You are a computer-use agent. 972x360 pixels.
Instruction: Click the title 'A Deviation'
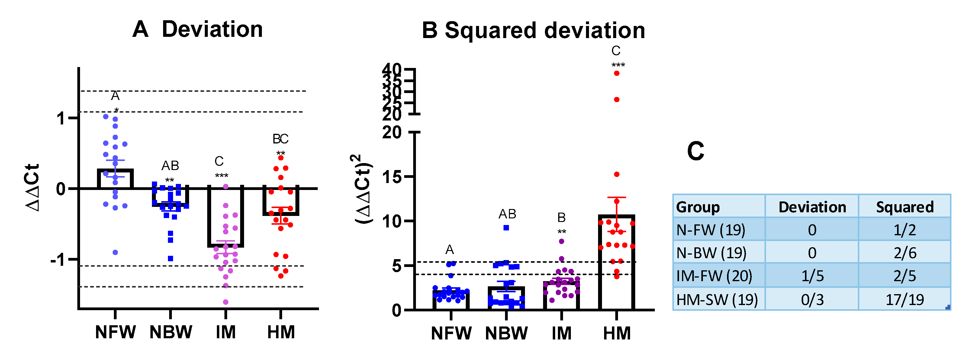197,29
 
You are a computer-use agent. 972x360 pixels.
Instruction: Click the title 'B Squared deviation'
533,30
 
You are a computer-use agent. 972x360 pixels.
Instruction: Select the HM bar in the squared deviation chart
616,264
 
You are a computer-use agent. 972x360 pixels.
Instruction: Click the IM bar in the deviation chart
226,217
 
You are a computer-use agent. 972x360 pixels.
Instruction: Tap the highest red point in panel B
616,73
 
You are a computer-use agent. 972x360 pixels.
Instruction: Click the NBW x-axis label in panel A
171,333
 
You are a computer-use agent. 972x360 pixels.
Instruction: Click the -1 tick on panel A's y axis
59,260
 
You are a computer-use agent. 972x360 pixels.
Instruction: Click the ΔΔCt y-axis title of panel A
32,188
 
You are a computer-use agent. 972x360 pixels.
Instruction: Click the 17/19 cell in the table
904,300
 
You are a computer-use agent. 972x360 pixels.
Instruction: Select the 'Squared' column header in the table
904,207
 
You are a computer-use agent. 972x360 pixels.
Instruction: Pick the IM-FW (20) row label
714,276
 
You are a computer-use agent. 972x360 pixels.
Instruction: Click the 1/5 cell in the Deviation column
812,276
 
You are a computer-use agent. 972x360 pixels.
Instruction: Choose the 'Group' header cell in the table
698,207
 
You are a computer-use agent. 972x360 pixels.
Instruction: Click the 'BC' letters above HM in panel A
280,139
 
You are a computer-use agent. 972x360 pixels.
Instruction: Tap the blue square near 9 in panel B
506,227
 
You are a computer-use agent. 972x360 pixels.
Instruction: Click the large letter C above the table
695,151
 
